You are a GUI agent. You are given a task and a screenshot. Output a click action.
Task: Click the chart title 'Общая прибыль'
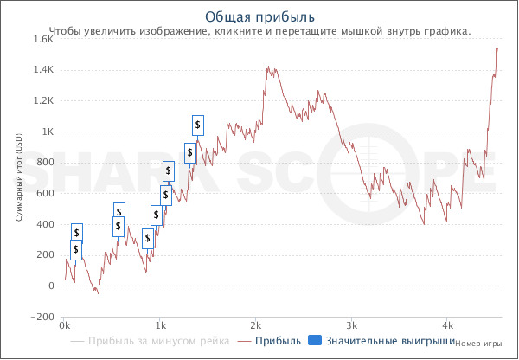tap(259, 16)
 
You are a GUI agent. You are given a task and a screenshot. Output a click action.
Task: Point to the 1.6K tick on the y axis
tap(42, 39)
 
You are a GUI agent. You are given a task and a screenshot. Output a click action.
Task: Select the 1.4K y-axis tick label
tap(42, 70)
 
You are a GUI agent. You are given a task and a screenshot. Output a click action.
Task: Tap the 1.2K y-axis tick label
tap(42, 101)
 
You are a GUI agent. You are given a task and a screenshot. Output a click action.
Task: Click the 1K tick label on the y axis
tap(47, 132)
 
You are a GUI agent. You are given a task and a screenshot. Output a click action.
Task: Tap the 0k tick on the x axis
tap(64, 326)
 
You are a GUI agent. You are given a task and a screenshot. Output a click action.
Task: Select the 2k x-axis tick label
tap(255, 326)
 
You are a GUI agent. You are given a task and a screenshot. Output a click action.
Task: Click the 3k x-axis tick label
tap(351, 326)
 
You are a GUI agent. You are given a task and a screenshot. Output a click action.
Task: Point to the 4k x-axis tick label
tap(447, 326)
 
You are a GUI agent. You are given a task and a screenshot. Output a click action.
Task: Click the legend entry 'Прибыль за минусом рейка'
tap(158, 342)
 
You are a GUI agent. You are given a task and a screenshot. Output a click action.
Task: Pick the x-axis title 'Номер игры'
tap(477, 343)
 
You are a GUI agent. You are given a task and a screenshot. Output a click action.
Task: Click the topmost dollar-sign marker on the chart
tap(198, 125)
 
